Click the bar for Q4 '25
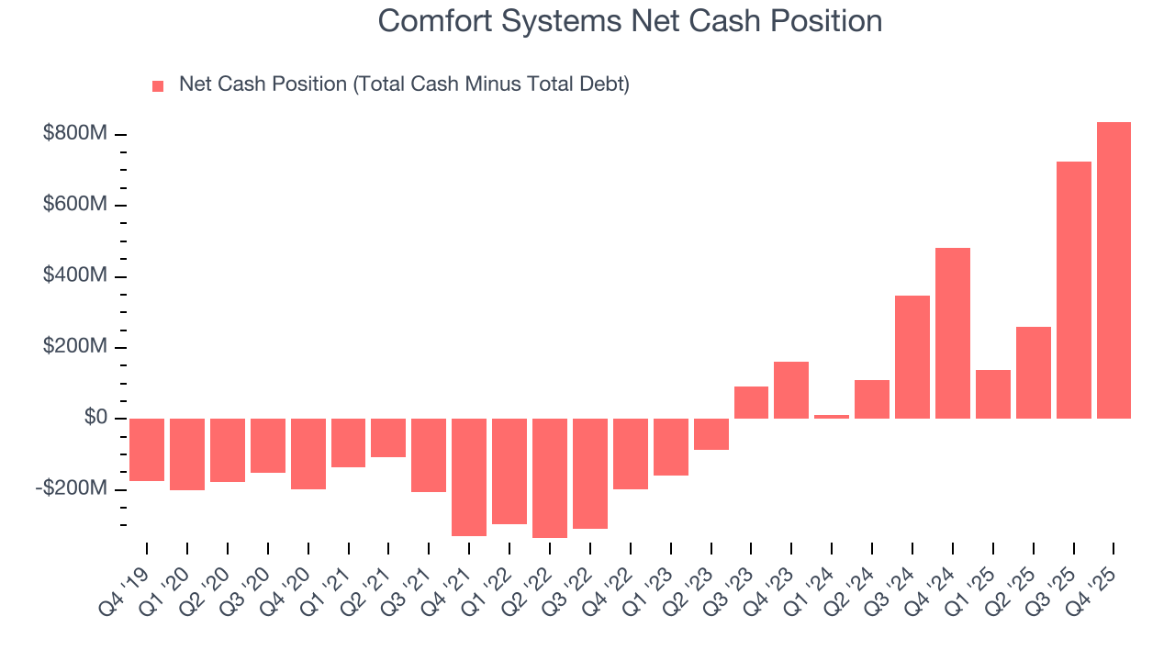[1113, 271]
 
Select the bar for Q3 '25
[1073, 290]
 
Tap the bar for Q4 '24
[953, 333]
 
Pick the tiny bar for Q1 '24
[832, 417]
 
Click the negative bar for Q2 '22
[550, 477]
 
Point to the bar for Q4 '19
[147, 450]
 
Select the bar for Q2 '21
[388, 438]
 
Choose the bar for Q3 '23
[751, 402]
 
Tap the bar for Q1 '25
[992, 394]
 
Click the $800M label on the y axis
[75, 134]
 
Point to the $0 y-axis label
[95, 418]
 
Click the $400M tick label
[75, 276]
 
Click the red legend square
[158, 85]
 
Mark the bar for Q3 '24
[912, 357]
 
